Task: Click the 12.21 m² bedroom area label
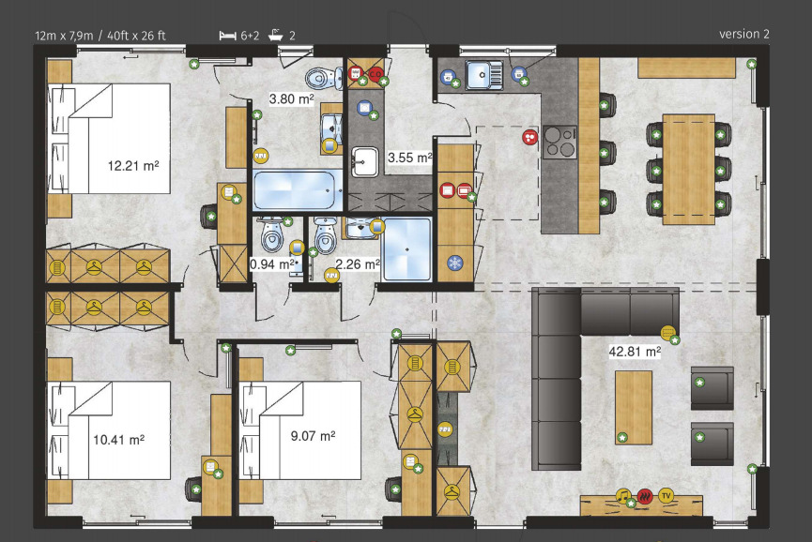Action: click(x=132, y=166)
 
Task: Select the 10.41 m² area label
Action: click(x=117, y=439)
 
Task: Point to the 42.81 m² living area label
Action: click(x=635, y=353)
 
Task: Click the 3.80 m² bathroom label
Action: click(x=291, y=98)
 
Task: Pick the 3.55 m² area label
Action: click(x=409, y=158)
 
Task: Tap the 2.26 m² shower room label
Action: click(x=357, y=264)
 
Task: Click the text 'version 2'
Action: click(x=743, y=35)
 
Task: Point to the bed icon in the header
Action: click(x=226, y=36)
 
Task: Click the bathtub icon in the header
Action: click(x=276, y=36)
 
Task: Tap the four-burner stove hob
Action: click(x=559, y=142)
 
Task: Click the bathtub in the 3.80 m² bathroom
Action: click(x=297, y=190)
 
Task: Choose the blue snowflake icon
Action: click(x=455, y=263)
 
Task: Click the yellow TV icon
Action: click(x=666, y=494)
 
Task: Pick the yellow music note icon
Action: click(x=622, y=494)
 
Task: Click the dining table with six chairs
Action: click(x=688, y=164)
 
